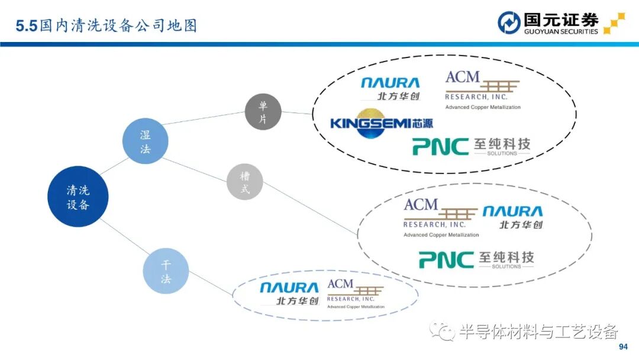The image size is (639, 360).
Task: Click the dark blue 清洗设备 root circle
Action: pos(78,197)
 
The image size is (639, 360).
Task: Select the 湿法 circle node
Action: pos(145,142)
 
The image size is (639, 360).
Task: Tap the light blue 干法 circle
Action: pos(166,271)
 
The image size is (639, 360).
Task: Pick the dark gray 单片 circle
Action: pos(263,112)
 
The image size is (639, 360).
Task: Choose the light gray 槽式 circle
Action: pos(245,182)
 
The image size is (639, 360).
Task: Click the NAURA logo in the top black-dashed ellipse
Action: pos(390,87)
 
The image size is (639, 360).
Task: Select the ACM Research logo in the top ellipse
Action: pos(482,89)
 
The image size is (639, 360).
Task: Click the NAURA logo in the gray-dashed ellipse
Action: pos(512,217)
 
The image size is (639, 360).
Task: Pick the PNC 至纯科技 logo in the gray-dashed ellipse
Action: pos(476,259)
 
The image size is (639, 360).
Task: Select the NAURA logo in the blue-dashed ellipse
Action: pos(289,293)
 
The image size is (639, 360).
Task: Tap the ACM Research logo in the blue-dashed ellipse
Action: pos(355,293)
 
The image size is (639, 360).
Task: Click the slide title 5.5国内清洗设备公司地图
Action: pos(106,25)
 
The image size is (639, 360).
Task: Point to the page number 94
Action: pos(622,346)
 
